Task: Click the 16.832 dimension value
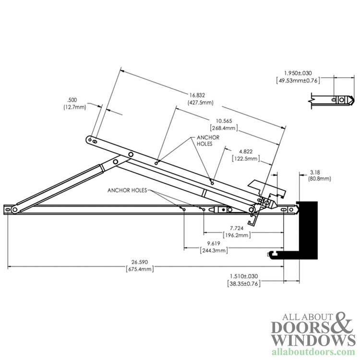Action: pos(197,95)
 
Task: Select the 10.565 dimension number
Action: pos(224,121)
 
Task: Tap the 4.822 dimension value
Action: pos(246,152)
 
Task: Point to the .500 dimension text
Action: pos(72,100)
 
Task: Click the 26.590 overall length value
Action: pos(140,262)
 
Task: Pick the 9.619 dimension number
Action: pos(214,243)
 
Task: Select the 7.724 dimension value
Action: pos(237,228)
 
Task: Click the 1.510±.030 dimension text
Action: pos(244,276)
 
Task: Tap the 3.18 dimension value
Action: pos(315,172)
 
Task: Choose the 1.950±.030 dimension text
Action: pos(298,73)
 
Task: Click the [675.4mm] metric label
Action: pos(140,269)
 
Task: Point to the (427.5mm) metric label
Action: pos(201,102)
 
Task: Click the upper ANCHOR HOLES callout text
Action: pos(208,141)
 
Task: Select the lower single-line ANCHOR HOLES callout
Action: pos(127,191)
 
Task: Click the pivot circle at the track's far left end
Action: pos(15,209)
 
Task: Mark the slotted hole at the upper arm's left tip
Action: pos(95,142)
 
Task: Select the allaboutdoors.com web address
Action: pos(313,352)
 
